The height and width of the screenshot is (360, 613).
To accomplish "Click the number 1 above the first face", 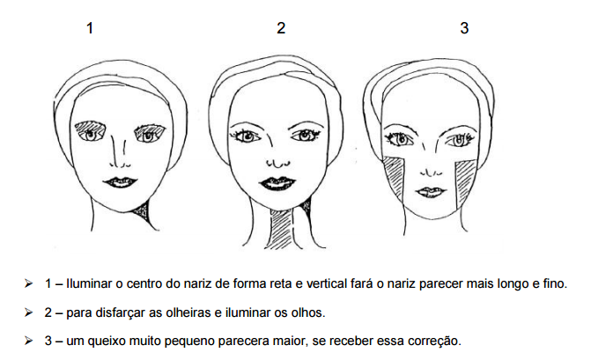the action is pos(90,28).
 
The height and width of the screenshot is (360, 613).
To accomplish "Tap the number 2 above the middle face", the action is pos(281,28).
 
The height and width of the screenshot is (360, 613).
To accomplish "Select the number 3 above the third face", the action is pos(464,28).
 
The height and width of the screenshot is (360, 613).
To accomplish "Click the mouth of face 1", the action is pos(120,182).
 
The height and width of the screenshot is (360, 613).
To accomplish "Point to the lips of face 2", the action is pos(278,183).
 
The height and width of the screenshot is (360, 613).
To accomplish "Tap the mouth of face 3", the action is pos(431,192).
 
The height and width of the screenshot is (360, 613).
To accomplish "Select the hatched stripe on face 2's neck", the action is pos(282,230).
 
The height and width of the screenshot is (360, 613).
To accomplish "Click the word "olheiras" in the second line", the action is pos(188,312).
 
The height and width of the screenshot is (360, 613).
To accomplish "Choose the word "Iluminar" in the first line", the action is pos(89,283).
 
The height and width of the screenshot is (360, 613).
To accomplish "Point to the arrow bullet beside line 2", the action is pos(28,312).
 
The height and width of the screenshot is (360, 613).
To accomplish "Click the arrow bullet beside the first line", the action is pos(28,283).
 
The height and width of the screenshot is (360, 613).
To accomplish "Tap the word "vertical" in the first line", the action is pos(326,283).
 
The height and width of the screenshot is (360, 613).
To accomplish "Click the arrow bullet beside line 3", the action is pos(28,341).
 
